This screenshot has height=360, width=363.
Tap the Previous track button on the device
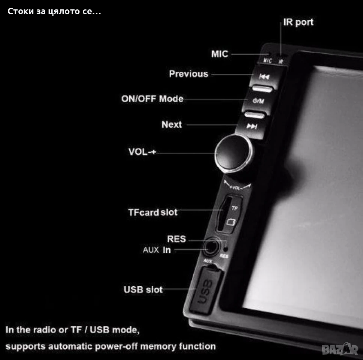[264, 76]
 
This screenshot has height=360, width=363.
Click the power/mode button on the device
[258, 101]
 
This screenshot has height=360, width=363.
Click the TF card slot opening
[223, 214]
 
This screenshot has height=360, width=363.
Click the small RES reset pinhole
[226, 249]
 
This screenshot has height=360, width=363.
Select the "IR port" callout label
[298, 22]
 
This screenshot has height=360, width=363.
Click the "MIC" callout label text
[220, 54]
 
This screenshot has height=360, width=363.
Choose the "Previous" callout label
[189, 74]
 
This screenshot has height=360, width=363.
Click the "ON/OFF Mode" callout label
[152, 99]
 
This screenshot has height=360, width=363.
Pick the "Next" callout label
[172, 124]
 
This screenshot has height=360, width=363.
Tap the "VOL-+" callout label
[142, 152]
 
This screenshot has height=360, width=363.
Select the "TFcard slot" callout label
[153, 212]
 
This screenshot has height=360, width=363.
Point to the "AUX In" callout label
[157, 250]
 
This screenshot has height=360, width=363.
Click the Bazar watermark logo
[340, 349]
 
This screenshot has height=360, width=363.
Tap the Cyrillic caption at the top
[54, 11]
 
